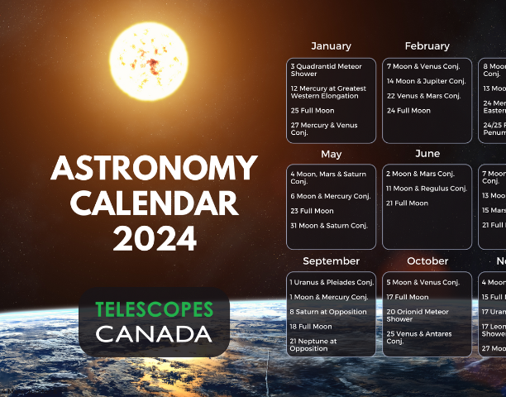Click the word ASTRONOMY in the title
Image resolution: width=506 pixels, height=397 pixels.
pyautogui.click(x=154, y=170)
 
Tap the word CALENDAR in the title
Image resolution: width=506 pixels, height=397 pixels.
pyautogui.click(x=154, y=204)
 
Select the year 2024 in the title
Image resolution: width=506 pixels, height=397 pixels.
pyautogui.click(x=155, y=238)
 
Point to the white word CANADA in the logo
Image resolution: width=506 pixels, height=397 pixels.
pyautogui.click(x=154, y=334)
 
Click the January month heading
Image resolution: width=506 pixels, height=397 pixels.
pyautogui.click(x=331, y=46)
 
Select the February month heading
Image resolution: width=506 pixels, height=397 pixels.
pyautogui.click(x=427, y=46)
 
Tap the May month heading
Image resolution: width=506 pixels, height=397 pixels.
pyautogui.click(x=331, y=154)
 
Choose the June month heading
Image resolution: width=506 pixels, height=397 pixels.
pyautogui.click(x=427, y=154)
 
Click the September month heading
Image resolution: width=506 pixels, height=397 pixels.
pyautogui.click(x=331, y=261)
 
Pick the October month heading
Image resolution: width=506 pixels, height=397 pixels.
pyautogui.click(x=427, y=261)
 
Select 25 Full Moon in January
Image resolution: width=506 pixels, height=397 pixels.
pyautogui.click(x=313, y=110)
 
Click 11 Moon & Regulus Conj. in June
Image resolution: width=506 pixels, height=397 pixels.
pyautogui.click(x=427, y=189)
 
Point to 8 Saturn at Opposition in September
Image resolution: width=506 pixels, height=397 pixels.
pyautogui.click(x=328, y=311)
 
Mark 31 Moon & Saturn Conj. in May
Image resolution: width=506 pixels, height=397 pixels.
pyautogui.click(x=330, y=226)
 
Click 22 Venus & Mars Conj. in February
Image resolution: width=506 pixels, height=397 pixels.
pyautogui.click(x=422, y=95)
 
